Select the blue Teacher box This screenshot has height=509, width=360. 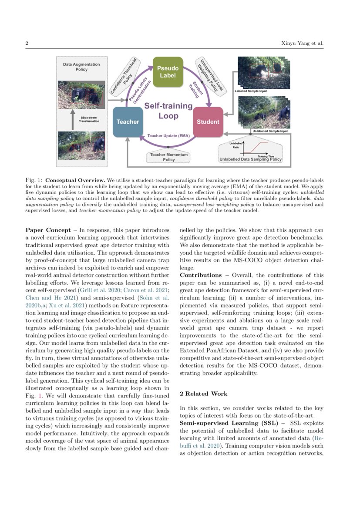click(128, 122)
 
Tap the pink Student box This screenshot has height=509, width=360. click(208, 122)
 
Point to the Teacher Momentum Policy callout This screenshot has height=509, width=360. click(168, 157)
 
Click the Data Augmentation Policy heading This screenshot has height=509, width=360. click(81, 67)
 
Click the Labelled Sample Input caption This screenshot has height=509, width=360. click(251, 91)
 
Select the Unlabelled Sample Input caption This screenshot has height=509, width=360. click(270, 131)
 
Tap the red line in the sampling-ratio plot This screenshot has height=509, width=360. click(257, 146)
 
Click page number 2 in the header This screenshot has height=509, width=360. click(27, 44)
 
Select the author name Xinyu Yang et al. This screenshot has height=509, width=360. click(302, 44)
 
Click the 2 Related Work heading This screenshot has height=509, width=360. click(203, 394)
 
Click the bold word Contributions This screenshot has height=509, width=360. click(201, 275)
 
